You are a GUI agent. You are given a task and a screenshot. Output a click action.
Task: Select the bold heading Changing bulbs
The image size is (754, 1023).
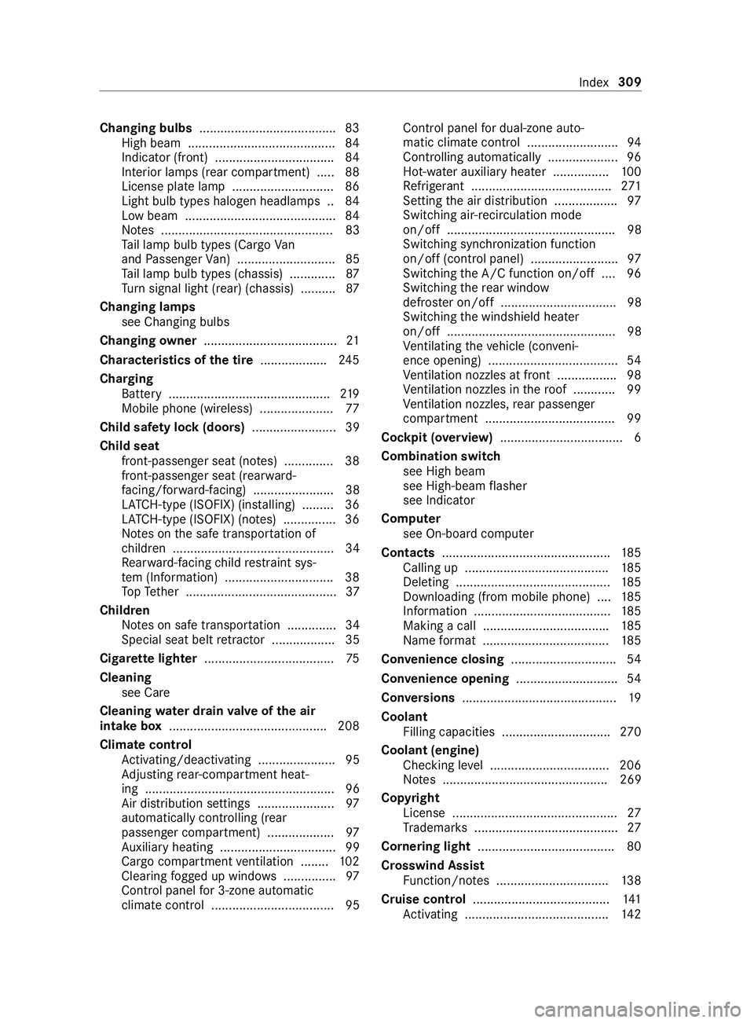tap(146, 128)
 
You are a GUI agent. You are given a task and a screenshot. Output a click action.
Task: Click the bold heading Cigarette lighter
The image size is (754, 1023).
tap(148, 658)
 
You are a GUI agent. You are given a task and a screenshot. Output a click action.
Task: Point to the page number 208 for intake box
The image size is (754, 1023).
tap(348, 725)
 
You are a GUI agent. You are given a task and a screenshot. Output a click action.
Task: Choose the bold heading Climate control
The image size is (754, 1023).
tap(146, 744)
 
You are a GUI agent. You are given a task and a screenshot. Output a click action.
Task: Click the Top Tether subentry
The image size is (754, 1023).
tap(151, 592)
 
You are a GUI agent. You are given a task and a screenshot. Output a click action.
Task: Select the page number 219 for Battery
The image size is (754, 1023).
tap(350, 394)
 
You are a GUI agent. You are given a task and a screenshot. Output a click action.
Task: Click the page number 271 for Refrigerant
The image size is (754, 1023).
tap(630, 186)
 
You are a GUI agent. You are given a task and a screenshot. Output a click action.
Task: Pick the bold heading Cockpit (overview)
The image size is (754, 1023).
tap(437, 437)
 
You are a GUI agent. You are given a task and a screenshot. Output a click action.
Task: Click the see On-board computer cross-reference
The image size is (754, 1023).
tap(468, 533)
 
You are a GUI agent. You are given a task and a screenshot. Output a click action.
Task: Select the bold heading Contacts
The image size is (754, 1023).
tap(407, 553)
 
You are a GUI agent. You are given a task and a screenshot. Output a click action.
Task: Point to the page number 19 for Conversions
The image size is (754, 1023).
tap(634, 698)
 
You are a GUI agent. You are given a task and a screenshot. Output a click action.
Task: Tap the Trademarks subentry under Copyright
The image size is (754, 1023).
tap(435, 827)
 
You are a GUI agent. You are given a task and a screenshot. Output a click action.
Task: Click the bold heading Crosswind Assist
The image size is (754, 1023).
tap(432, 865)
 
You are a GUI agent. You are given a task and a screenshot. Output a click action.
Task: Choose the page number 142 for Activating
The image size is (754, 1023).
tap(631, 914)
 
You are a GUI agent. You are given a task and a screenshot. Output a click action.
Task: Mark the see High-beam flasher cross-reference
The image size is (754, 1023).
tap(465, 486)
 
